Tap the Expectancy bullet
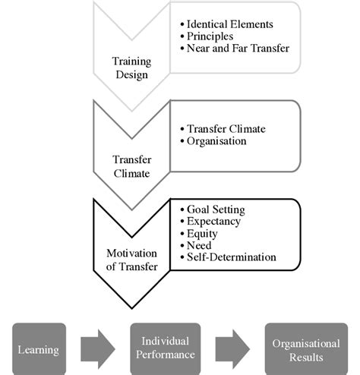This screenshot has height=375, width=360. pos(213,221)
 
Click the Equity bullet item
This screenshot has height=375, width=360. pos(203,233)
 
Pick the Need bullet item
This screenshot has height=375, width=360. pos(200,245)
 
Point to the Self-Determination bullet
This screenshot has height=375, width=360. pos(230,257)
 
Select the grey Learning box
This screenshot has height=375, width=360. pos(39,348)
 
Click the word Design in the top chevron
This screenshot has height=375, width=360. pos(131,74)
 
